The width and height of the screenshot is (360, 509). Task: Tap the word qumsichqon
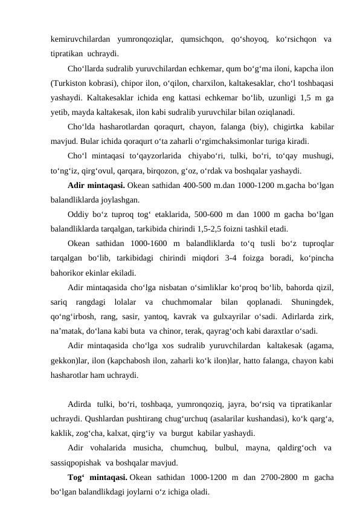point(203,40)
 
